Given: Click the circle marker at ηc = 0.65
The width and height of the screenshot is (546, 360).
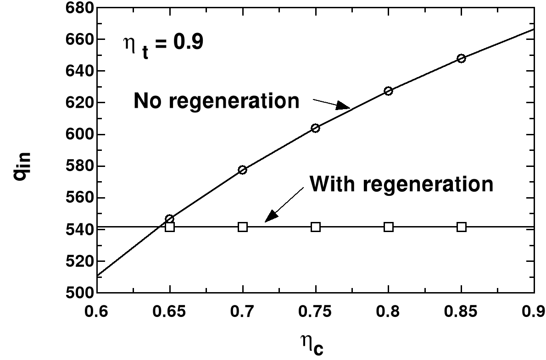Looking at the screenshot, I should pyautogui.click(x=170, y=219).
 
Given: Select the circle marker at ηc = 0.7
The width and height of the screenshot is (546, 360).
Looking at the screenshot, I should pyautogui.click(x=243, y=170).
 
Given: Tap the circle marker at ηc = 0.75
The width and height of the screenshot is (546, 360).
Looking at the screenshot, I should pyautogui.click(x=315, y=128).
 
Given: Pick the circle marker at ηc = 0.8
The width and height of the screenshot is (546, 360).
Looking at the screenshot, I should pyautogui.click(x=388, y=91).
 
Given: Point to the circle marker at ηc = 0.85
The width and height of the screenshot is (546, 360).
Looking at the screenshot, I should pyautogui.click(x=461, y=58).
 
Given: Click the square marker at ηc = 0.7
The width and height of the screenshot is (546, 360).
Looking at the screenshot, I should pyautogui.click(x=243, y=227).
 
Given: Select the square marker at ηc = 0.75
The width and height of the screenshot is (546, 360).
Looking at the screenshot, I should pyautogui.click(x=315, y=227).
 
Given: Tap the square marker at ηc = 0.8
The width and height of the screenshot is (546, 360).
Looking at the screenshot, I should pyautogui.click(x=388, y=227).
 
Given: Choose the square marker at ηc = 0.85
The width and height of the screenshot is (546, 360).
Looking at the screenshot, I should pyautogui.click(x=461, y=227).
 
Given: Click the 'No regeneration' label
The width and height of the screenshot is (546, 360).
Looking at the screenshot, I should pyautogui.click(x=216, y=101).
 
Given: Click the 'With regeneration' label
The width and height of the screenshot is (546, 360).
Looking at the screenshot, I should pyautogui.click(x=401, y=184).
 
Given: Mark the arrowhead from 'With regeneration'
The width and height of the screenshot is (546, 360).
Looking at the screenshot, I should pyautogui.click(x=272, y=216).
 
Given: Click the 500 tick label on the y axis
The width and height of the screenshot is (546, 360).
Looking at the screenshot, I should pyautogui.click(x=81, y=293).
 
